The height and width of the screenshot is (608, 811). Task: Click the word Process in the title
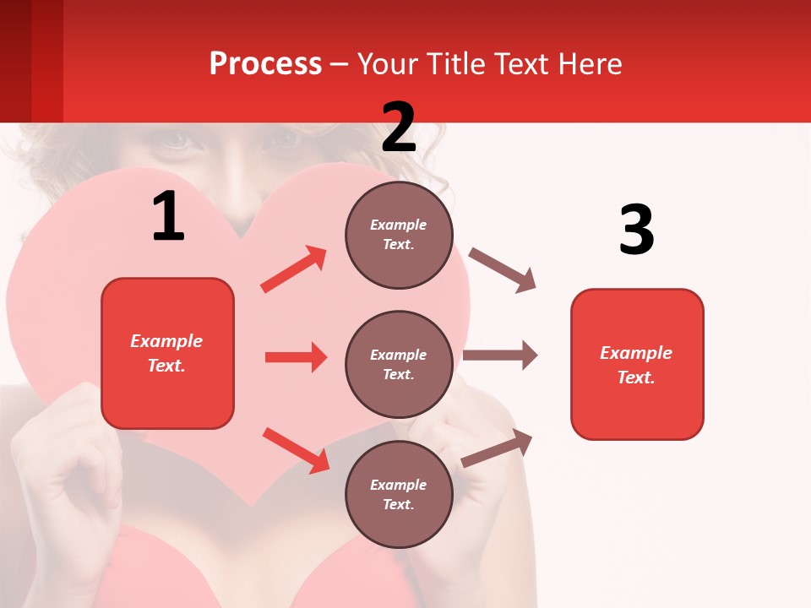tap(265, 64)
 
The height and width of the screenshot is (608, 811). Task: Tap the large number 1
tap(168, 216)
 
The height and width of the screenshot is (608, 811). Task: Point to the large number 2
tap(399, 128)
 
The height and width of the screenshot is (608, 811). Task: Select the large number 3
tap(636, 230)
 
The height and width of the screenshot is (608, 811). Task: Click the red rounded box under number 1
tap(167, 353)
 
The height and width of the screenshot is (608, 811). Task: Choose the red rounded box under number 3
tap(637, 364)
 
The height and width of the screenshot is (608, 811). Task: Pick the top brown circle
tap(399, 235)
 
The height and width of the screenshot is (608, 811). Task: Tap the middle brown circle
tap(399, 364)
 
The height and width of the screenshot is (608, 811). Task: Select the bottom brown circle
tap(399, 494)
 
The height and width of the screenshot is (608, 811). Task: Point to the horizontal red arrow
tap(296, 357)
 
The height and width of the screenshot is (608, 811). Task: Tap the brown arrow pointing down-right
tap(503, 270)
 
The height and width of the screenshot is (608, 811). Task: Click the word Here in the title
tap(589, 64)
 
